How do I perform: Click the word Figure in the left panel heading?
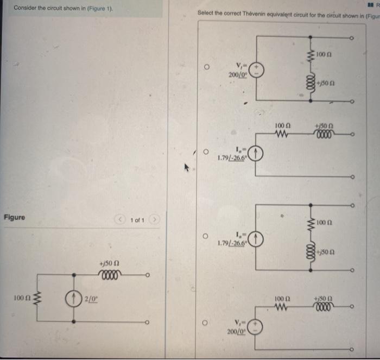[x=14, y=217]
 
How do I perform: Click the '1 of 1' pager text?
[x=137, y=220]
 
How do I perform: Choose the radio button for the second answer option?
[x=207, y=153]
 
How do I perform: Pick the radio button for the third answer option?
[x=207, y=237]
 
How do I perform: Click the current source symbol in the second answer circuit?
[x=257, y=154]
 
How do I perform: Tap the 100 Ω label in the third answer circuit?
[x=324, y=223]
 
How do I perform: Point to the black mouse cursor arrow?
[x=188, y=169]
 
